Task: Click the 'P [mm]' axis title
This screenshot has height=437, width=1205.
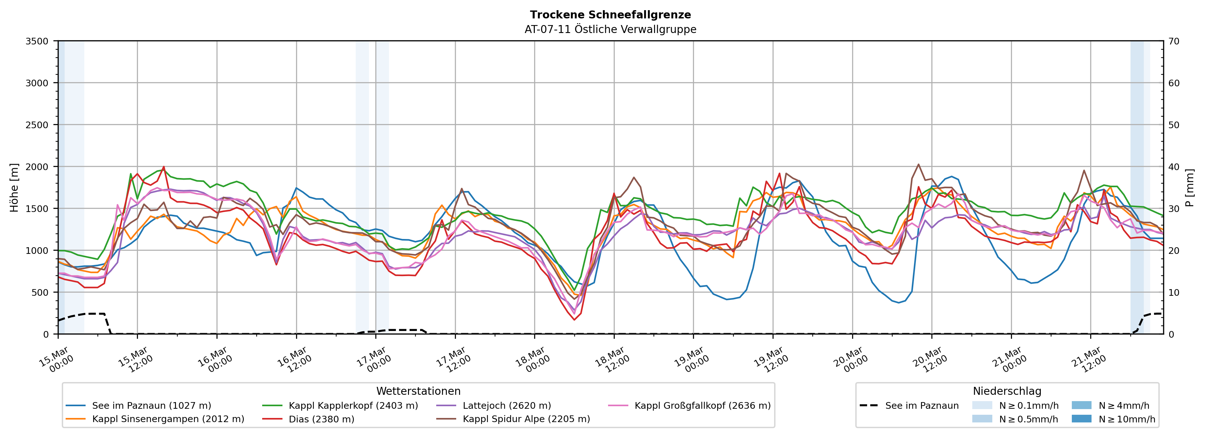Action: (1189, 187)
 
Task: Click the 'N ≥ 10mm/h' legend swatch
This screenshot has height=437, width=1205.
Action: (1081, 419)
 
